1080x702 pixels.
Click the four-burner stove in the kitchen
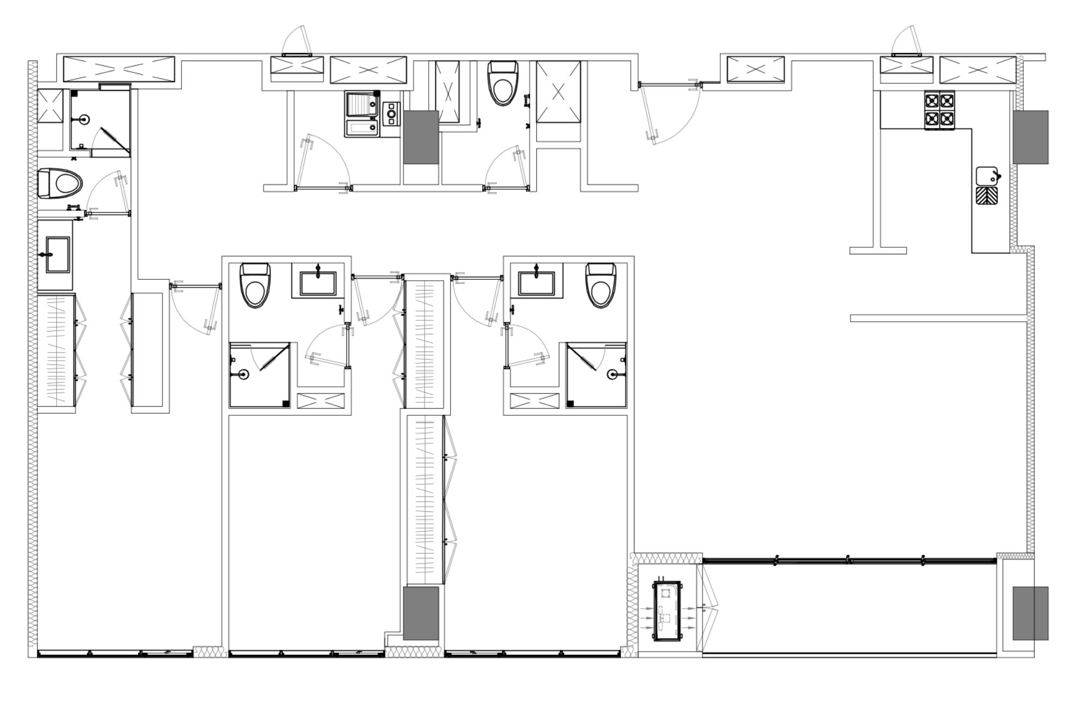(x=940, y=110)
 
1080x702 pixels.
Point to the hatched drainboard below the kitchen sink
(x=987, y=195)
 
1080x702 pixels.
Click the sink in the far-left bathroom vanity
(x=56, y=254)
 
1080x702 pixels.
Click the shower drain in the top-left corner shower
(x=84, y=119)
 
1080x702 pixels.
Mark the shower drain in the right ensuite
(x=611, y=373)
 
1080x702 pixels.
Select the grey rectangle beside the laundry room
(x=421, y=137)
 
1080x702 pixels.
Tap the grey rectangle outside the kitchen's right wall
(x=1030, y=137)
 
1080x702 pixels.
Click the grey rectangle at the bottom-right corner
(x=1030, y=613)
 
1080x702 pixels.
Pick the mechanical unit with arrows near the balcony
(x=667, y=611)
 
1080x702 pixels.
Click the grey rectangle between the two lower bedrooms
(x=421, y=614)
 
